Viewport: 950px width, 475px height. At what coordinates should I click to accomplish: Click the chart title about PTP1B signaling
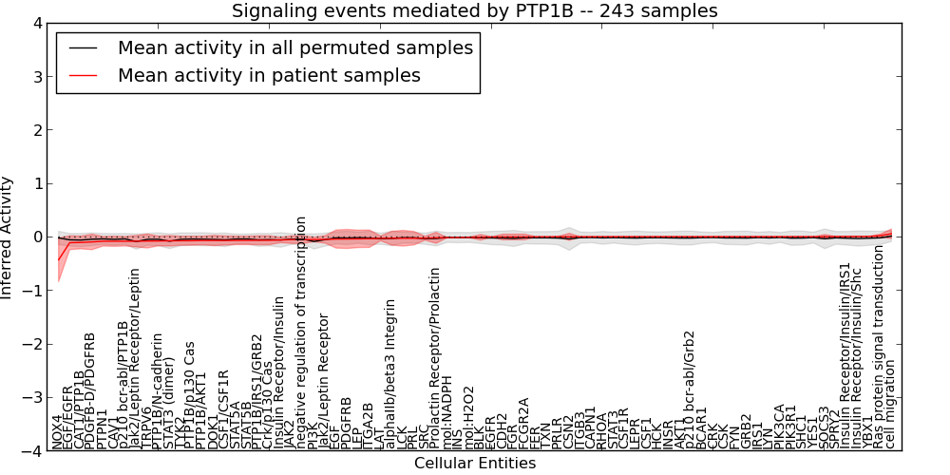coord(475,10)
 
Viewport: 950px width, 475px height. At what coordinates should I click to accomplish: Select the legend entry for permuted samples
coord(294,47)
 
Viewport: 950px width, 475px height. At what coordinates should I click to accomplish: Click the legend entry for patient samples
coord(269,74)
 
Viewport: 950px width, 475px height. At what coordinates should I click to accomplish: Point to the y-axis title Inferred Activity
coord(9,237)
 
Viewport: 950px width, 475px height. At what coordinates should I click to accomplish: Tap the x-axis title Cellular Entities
coord(475,464)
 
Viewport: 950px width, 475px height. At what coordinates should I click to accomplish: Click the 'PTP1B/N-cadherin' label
coord(158,379)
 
